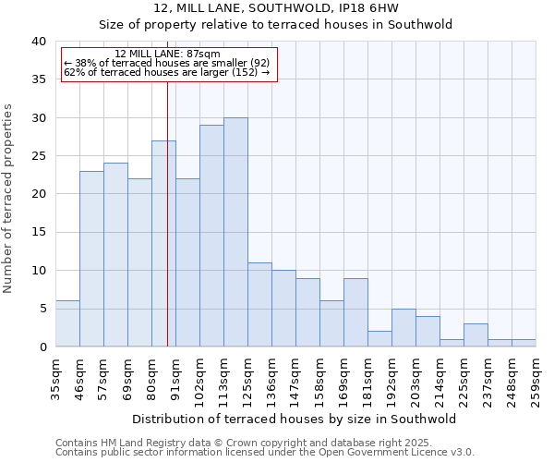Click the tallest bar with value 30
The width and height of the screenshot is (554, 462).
(x=235, y=232)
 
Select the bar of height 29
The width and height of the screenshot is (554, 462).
(x=211, y=236)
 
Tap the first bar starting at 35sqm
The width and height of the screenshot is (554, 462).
(x=67, y=323)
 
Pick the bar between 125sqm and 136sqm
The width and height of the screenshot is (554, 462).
(x=259, y=305)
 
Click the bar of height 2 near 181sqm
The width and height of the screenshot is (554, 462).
(x=379, y=338)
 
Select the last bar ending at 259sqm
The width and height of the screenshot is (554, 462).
(x=524, y=343)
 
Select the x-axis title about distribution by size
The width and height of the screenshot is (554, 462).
(x=295, y=419)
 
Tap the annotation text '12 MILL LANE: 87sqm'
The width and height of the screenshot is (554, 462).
(x=168, y=55)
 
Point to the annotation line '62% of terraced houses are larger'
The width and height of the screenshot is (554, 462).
(x=166, y=72)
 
